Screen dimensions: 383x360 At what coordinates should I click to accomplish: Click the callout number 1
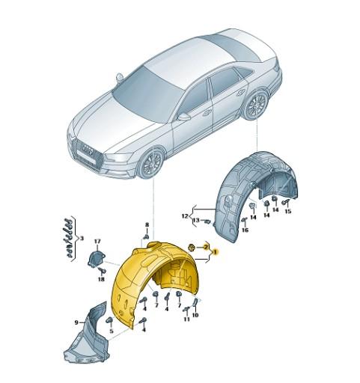point(216,253)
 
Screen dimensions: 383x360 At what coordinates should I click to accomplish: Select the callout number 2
point(205,247)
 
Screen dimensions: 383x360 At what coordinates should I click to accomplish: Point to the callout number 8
point(147,225)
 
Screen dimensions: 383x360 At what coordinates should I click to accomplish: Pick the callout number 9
point(76,322)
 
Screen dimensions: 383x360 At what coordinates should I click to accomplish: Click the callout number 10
point(196,315)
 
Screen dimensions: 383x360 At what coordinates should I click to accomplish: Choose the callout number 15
point(287,212)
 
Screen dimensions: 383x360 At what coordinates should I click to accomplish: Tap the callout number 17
point(97,241)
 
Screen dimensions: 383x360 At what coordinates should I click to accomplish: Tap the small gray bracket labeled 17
point(97,260)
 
